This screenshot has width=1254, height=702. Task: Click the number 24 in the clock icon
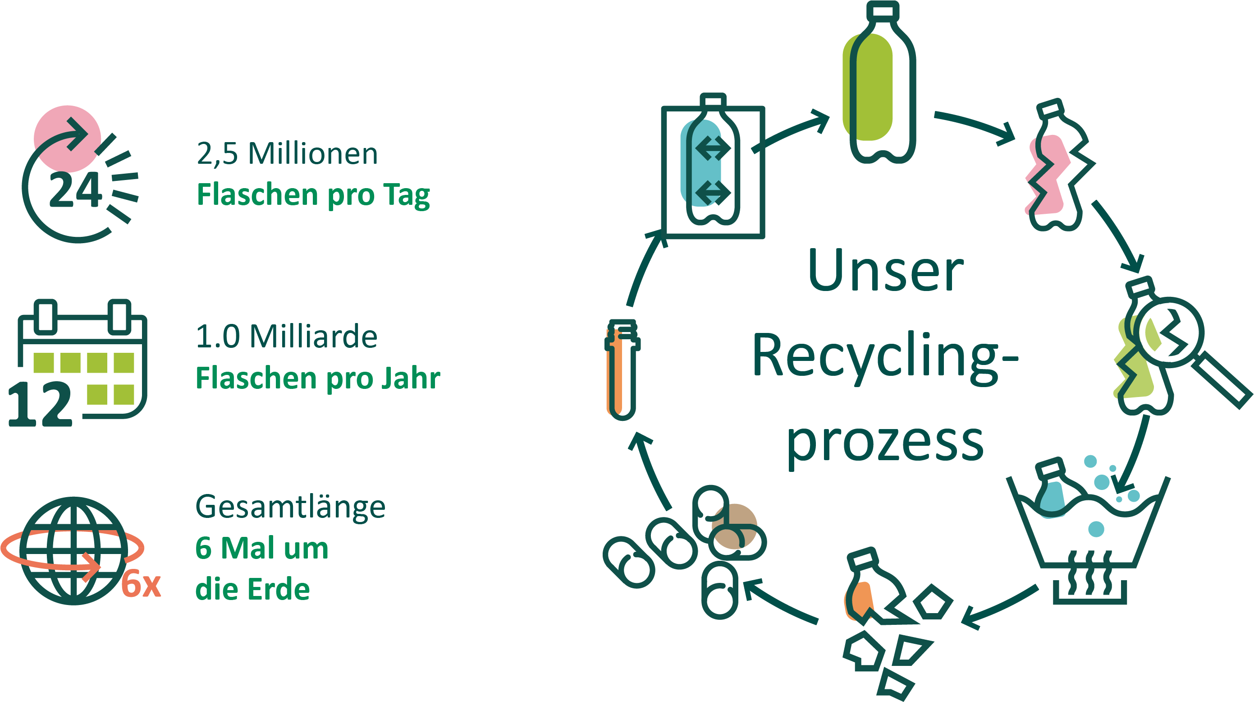75,190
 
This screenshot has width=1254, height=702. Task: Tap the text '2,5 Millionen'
287,154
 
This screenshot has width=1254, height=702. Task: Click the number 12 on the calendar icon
40,404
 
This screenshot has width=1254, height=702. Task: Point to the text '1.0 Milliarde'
286,337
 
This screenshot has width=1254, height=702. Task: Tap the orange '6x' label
141,584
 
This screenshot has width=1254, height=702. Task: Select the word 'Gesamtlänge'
290,507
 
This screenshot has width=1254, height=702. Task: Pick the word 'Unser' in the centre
885,271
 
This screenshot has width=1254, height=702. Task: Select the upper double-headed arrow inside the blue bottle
713,148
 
